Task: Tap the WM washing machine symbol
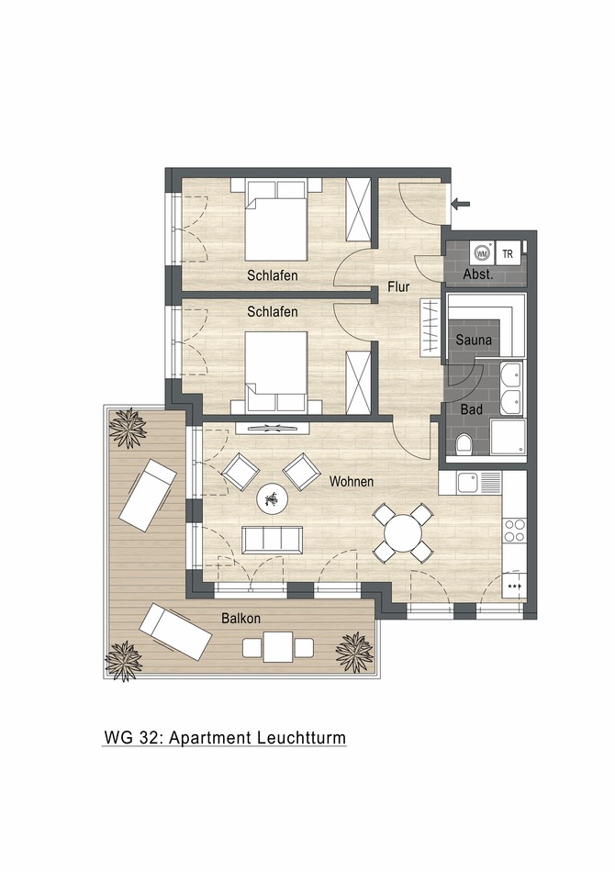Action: (481, 252)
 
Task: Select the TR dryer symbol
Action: (508, 252)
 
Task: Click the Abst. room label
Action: (478, 274)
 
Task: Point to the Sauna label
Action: (474, 340)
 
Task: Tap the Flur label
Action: (398, 287)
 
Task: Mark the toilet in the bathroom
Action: (464, 443)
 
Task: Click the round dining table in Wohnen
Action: (403, 532)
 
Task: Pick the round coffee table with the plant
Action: (272, 499)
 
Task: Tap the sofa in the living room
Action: (272, 539)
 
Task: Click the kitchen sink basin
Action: (468, 481)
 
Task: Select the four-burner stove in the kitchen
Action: (515, 530)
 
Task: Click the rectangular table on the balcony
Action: (278, 647)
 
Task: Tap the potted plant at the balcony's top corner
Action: (128, 427)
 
